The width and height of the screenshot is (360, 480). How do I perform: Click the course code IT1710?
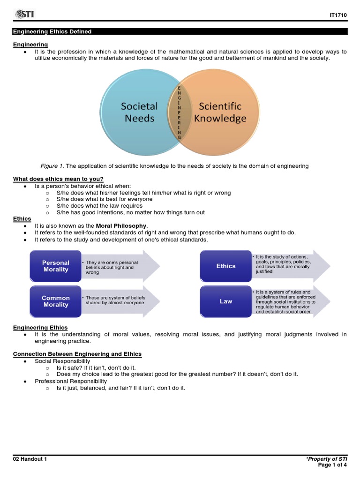338,15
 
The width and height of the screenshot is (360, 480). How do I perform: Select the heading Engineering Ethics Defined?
52,32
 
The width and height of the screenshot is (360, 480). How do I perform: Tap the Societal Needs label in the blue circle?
139,112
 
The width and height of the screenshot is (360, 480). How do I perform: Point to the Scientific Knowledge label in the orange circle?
220,112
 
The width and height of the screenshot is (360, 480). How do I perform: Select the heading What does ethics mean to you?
58,179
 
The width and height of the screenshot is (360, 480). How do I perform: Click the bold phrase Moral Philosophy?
121,226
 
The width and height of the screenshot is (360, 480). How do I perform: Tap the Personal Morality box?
56,266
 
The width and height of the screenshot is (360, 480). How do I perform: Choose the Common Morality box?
56,301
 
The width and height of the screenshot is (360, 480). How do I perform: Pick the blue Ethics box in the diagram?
226,266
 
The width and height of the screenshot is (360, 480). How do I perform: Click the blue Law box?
226,301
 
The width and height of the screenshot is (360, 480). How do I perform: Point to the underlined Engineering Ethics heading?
40,328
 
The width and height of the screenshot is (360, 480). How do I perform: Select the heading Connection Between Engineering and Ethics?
77,354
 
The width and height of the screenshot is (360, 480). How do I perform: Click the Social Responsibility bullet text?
62,361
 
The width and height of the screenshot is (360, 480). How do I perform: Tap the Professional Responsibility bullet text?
71,381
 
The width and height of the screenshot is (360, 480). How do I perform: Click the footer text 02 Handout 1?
30,459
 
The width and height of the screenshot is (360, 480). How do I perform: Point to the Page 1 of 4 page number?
332,465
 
